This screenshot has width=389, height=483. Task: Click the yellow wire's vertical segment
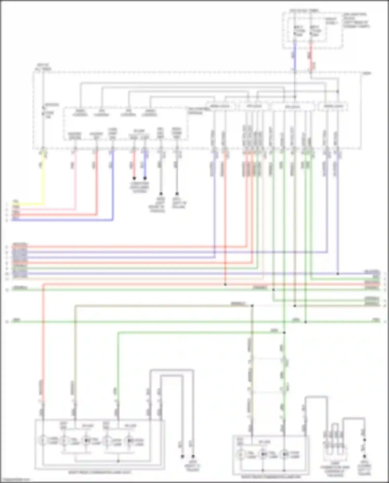coord(43,179)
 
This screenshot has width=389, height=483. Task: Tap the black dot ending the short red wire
coord(134,178)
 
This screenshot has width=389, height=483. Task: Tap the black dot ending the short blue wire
coord(145,178)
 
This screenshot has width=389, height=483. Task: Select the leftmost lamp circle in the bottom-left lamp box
coord(43,440)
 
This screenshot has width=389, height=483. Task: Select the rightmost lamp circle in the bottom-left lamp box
coord(129,440)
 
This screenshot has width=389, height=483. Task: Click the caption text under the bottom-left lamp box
coord(100,472)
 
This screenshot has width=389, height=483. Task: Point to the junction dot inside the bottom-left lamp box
coord(118,461)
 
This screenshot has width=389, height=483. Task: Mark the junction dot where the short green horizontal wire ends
coord(284,332)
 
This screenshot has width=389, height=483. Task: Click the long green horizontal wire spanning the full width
coord(182,322)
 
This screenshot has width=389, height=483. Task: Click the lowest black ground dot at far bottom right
coord(364,456)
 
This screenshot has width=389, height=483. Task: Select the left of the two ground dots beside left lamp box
coord(182,456)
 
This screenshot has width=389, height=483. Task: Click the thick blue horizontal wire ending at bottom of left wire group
coord(62,220)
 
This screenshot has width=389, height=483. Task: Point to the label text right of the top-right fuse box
coord(356,20)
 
